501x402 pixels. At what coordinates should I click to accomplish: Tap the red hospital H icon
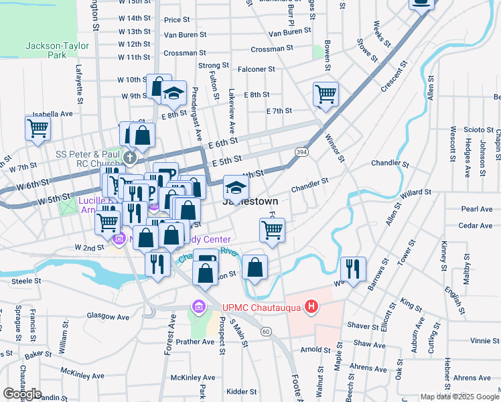tap(311, 307)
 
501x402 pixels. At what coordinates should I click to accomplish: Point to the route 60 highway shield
tap(266, 331)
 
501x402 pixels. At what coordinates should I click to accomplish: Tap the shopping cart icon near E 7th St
tap(326, 94)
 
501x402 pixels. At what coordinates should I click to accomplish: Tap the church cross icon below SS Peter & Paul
tap(131, 159)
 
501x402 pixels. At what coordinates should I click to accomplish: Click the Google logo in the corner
tap(22, 394)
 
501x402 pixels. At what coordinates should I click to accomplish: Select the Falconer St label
tap(257, 69)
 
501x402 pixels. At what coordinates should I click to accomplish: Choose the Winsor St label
tap(334, 148)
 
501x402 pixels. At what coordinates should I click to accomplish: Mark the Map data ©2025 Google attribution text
tap(459, 397)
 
